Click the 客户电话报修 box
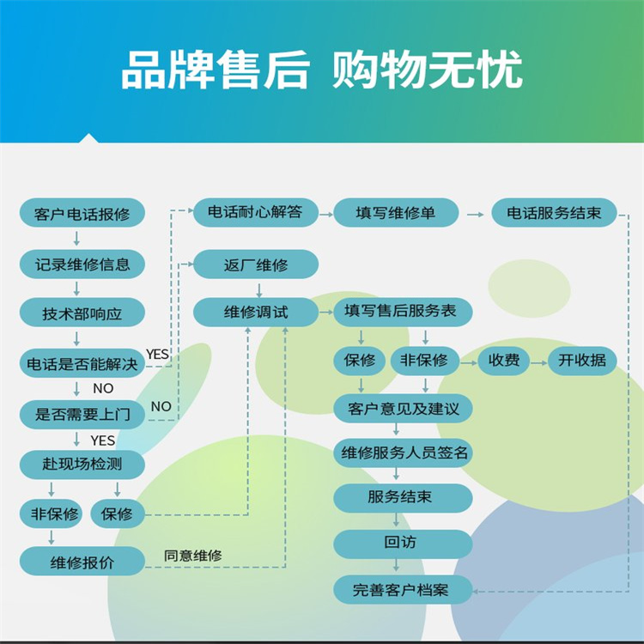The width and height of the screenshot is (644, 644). click(82, 214)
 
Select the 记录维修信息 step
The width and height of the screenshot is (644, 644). click(82, 264)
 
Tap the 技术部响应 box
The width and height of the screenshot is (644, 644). click(82, 313)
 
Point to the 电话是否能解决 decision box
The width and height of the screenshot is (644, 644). click(82, 364)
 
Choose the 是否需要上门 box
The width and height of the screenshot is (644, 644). click(82, 415)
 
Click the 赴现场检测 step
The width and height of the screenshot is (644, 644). click(82, 465)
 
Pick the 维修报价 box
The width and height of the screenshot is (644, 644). click(82, 562)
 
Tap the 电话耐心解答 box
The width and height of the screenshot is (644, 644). click(256, 213)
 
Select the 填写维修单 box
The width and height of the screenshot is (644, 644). click(395, 213)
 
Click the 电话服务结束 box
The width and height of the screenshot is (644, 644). click(554, 213)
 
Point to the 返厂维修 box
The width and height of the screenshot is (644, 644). click(256, 264)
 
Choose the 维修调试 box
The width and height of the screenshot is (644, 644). click(256, 313)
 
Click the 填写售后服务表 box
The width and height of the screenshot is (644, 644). click(402, 312)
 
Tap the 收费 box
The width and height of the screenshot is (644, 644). click(504, 361)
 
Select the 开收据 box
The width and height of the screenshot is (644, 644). click(581, 361)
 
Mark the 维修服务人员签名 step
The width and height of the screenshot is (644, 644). click(402, 453)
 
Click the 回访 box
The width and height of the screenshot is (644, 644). click(402, 544)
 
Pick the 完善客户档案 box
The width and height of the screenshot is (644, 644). click(402, 590)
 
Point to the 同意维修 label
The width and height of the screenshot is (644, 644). click(193, 556)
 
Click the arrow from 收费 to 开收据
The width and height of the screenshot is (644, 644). click(538, 361)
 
